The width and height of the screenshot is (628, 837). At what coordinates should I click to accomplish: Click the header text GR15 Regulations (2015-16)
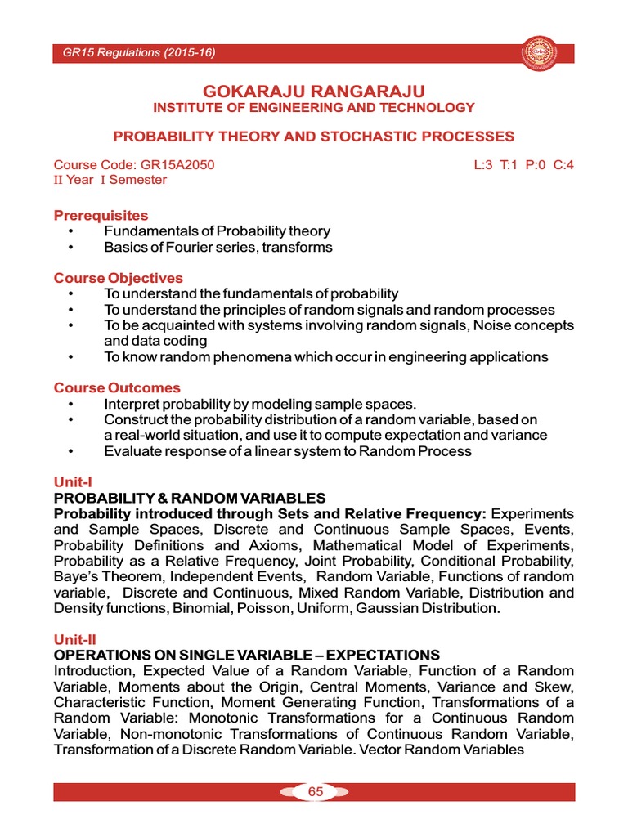click(x=138, y=54)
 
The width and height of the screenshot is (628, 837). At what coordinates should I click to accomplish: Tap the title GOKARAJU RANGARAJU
click(x=313, y=90)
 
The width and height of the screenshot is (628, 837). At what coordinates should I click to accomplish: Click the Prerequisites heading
click(x=101, y=216)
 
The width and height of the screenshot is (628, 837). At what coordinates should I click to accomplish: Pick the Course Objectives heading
click(x=118, y=278)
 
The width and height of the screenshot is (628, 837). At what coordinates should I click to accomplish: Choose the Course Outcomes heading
click(x=117, y=387)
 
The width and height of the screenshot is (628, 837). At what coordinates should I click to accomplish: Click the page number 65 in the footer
click(x=315, y=791)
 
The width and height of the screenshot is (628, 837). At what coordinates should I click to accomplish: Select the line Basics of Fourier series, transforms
click(x=218, y=247)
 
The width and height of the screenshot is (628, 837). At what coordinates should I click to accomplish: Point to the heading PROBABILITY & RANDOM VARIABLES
click(x=189, y=498)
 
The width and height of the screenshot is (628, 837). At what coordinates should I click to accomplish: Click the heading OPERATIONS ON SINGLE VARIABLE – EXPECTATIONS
click(x=246, y=656)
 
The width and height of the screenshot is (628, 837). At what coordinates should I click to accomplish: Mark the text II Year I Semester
click(x=110, y=180)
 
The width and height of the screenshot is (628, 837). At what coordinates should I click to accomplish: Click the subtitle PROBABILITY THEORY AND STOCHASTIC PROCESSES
click(x=313, y=137)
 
